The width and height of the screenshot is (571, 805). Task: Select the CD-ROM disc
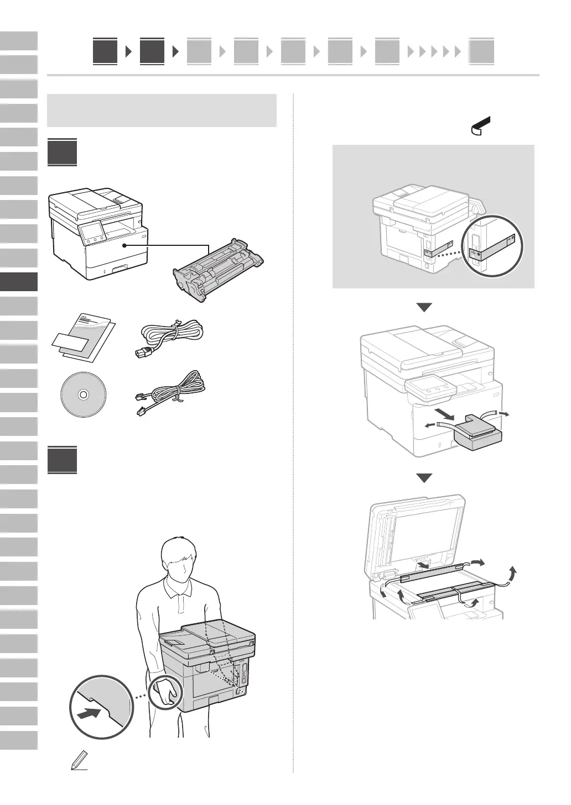pyautogui.click(x=83, y=394)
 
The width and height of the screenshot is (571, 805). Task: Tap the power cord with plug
pyautogui.click(x=169, y=335)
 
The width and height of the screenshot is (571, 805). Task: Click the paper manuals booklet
pyautogui.click(x=85, y=336)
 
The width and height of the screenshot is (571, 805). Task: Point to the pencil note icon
pyautogui.click(x=79, y=761)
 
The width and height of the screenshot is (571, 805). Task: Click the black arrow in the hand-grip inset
pyautogui.click(x=89, y=713)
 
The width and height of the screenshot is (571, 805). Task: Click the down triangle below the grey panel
pyautogui.click(x=424, y=308)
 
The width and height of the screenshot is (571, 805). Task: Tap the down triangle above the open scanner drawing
pyautogui.click(x=424, y=478)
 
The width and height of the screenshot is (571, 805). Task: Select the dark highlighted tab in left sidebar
pyautogui.click(x=19, y=282)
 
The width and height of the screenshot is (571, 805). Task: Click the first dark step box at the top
pyautogui.click(x=105, y=51)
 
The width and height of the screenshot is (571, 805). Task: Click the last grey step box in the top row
pyautogui.click(x=481, y=52)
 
